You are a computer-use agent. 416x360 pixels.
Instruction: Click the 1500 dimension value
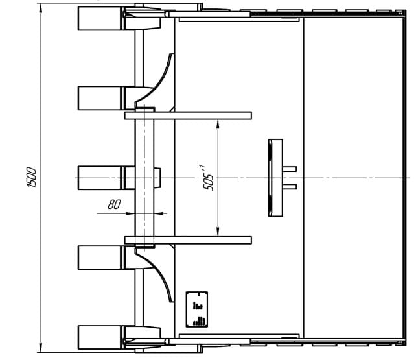click(x=31, y=177)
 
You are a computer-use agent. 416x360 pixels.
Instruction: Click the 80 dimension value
click(x=114, y=204)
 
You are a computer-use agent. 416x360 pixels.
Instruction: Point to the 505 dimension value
click(x=209, y=178)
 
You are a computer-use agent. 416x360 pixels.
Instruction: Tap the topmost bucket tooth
click(x=100, y=18)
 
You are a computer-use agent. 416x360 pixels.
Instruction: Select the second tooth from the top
click(x=100, y=98)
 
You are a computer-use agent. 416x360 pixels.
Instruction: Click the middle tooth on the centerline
click(x=100, y=178)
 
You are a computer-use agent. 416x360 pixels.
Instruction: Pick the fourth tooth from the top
click(x=100, y=258)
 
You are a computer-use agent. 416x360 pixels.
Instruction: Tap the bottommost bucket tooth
click(x=100, y=337)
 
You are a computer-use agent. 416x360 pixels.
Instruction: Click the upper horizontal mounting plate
click(x=188, y=115)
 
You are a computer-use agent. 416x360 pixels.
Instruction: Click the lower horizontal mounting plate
click(x=188, y=240)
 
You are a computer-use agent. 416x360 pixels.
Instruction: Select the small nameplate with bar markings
click(x=196, y=309)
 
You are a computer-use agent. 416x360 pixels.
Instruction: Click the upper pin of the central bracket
click(x=290, y=169)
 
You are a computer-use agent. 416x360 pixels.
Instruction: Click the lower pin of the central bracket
click(x=290, y=187)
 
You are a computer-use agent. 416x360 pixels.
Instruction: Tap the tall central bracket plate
click(x=275, y=178)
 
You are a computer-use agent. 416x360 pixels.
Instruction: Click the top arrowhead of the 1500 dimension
click(x=41, y=8)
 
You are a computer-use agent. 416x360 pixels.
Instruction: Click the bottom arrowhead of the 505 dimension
click(x=218, y=232)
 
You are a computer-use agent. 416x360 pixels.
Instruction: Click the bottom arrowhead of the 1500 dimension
click(x=41, y=348)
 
